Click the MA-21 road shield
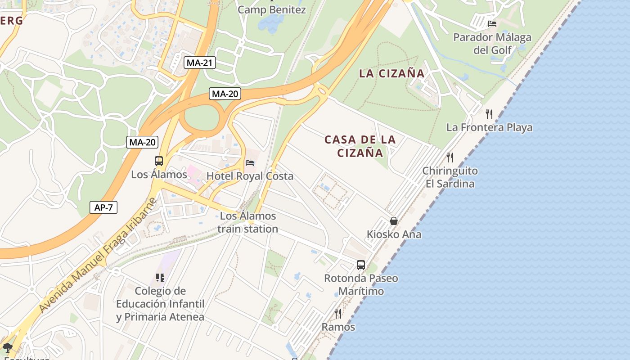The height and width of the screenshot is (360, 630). click(x=199, y=63)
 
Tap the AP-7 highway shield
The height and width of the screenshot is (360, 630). click(x=103, y=207)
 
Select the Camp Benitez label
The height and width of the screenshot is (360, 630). click(x=272, y=9)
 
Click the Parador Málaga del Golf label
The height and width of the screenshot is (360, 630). click(x=492, y=44)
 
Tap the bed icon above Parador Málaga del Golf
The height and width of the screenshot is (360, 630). click(x=492, y=23)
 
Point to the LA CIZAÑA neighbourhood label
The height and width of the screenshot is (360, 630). click(x=391, y=73)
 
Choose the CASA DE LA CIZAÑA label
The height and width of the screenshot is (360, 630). click(x=360, y=146)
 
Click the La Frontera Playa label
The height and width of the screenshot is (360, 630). click(x=489, y=127)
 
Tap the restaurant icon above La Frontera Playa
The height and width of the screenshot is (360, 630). click(x=489, y=114)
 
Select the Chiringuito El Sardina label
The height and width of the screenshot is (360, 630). click(x=450, y=177)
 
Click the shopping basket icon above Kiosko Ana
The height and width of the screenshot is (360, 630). click(x=394, y=221)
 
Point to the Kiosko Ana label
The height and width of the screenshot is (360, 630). click(x=394, y=234)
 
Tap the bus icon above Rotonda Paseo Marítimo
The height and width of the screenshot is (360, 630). click(x=361, y=265)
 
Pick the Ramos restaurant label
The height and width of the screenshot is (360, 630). click(x=338, y=327)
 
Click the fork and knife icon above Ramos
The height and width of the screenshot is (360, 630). click(x=338, y=313)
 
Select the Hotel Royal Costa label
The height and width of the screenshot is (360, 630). click(x=250, y=176)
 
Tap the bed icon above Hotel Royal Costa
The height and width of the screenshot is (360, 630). click(x=250, y=162)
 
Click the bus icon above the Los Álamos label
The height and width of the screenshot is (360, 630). click(x=159, y=161)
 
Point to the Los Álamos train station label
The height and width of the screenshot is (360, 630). click(x=248, y=222)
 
